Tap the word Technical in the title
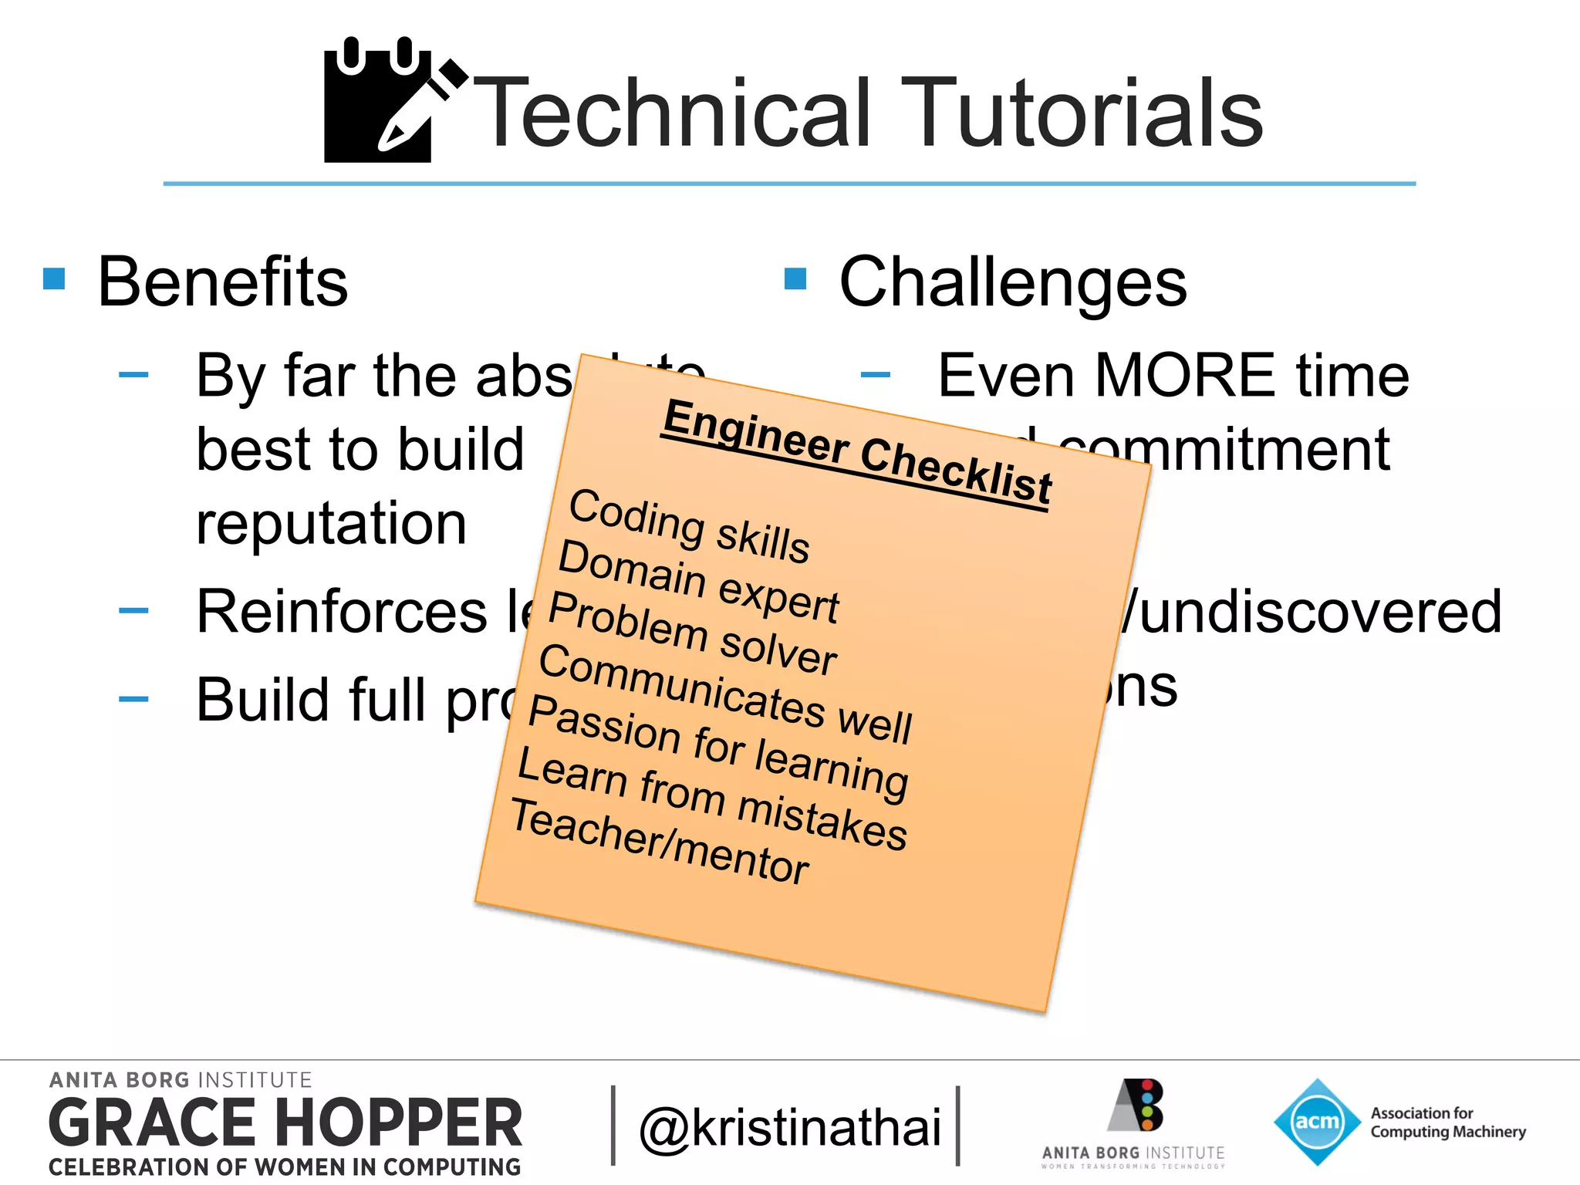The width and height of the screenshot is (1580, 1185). pyautogui.click(x=671, y=113)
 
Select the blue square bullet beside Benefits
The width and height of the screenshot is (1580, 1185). pyautogui.click(x=54, y=279)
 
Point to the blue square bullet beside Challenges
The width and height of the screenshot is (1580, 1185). pyautogui.click(x=795, y=279)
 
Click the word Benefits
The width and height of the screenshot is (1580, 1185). pyautogui.click(x=223, y=282)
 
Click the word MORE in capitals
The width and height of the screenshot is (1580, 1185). pyautogui.click(x=1186, y=376)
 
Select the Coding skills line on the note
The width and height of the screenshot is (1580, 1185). pyautogui.click(x=689, y=526)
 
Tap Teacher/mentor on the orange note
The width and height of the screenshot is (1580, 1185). pyautogui.click(x=660, y=842)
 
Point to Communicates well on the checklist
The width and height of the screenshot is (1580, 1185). pyautogui.click(x=725, y=694)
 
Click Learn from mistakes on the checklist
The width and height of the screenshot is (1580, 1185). pyautogui.click(x=712, y=798)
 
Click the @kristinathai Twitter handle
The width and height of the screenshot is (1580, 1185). pyautogui.click(x=790, y=1127)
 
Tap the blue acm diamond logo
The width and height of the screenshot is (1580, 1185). pyautogui.click(x=1316, y=1121)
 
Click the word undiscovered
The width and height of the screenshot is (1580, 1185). pyautogui.click(x=1320, y=612)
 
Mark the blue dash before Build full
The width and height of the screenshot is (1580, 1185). pyautogui.click(x=133, y=700)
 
